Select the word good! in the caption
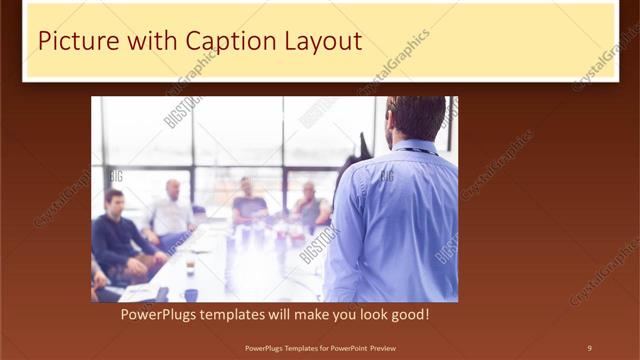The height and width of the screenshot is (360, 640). [409, 315]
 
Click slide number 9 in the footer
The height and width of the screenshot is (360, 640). [589, 348]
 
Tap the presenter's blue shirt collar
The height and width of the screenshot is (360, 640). [411, 147]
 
